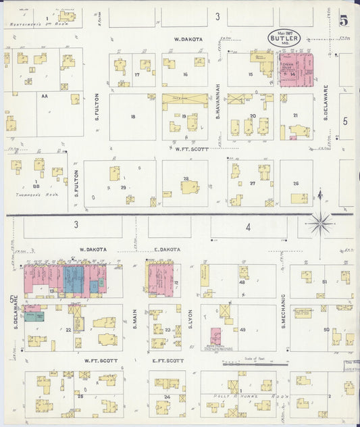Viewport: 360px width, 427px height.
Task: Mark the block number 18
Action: point(133,117)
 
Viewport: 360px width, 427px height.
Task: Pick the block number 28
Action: point(185,178)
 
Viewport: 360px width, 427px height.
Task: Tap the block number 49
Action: point(242,329)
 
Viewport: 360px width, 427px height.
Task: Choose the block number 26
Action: point(295,183)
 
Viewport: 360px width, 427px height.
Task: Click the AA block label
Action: point(45,97)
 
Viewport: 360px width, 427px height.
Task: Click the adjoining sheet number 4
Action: point(248,227)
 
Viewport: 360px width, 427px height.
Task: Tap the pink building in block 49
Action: point(215,336)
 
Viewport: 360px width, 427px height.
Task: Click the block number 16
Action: point(184,74)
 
